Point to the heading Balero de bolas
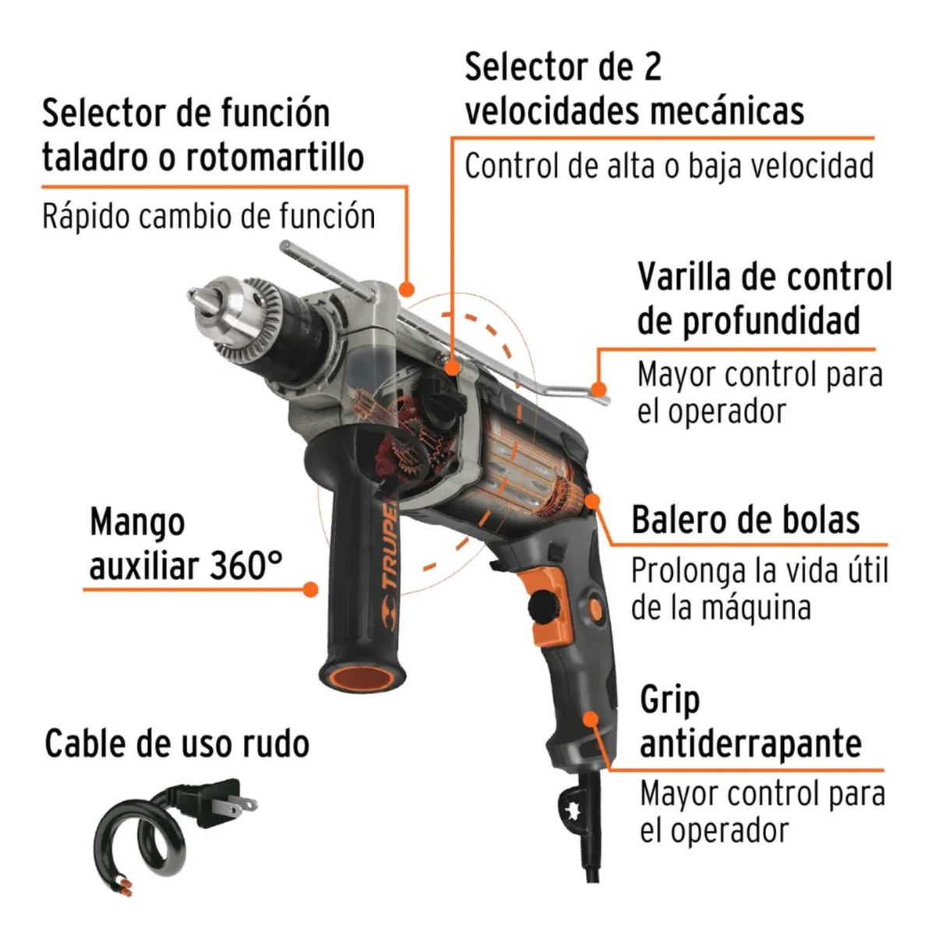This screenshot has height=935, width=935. pos(746,520)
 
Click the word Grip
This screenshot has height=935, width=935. pos(670,702)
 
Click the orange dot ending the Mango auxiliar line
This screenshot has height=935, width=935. pos(311,590)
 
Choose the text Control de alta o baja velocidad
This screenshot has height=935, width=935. pos(669,166)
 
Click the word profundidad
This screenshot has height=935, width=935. pos(748,321)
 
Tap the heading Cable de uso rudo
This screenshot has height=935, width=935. pos(177,743)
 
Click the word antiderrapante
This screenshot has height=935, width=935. pos(750,743)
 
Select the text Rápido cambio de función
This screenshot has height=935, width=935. pos(209,217)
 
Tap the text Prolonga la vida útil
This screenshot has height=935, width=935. pos(759,571)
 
